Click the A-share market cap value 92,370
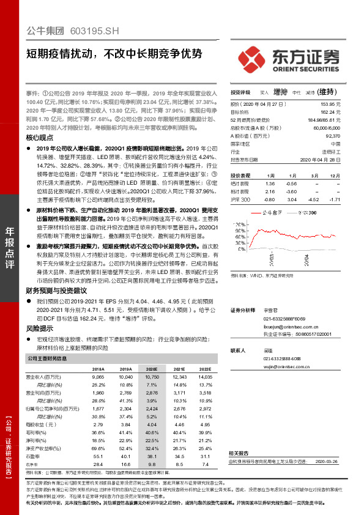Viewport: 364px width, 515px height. pyautogui.click(x=332, y=136)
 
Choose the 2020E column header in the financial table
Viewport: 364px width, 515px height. pyautogui.click(x=151, y=370)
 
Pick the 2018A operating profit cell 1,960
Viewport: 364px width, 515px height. pyautogui.click(x=98, y=392)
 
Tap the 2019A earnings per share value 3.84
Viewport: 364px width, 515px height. pyautogui.click(x=125, y=424)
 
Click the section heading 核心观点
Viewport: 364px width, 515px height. pyautogui.click(x=40, y=138)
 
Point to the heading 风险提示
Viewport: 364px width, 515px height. pyautogui.click(x=39, y=328)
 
